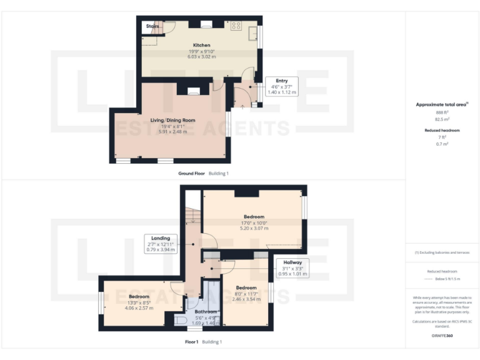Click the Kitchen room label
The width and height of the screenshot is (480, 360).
tap(201, 45)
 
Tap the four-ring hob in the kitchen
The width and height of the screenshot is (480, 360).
tap(236, 26)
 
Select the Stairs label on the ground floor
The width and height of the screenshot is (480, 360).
tap(152, 26)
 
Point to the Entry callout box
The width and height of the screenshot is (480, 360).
tap(281, 86)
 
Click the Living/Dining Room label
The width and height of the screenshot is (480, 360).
tap(172, 120)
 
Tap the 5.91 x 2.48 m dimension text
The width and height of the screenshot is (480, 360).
tap(172, 132)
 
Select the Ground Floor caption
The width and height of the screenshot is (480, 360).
tap(191, 173)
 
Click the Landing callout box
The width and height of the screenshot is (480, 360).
tap(162, 243)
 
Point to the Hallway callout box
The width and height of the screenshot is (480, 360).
tap(292, 267)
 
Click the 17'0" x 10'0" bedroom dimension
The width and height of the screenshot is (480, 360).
tap(254, 222)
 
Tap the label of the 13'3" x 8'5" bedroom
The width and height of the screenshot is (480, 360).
tap(139, 296)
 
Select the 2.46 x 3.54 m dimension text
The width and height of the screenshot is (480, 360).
tap(246, 299)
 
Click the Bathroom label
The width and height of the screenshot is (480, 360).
tap(206, 311)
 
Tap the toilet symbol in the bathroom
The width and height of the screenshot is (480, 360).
tap(181, 321)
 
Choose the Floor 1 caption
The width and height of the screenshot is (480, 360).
tap(191, 342)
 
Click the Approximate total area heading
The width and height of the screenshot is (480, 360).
tap(442, 104)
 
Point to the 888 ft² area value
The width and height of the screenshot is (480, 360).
tap(442, 112)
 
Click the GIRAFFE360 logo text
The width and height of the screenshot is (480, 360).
tap(442, 336)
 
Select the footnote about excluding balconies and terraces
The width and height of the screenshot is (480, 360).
tap(442, 252)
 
